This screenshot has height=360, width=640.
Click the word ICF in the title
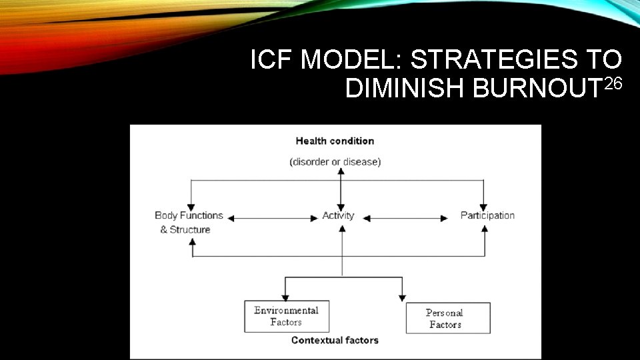click(271, 61)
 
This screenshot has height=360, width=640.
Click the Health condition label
click(335, 141)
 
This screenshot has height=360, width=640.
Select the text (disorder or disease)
click(335, 162)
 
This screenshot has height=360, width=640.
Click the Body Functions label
click(189, 215)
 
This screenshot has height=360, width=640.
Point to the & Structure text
click(185, 230)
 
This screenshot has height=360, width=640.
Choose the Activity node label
click(338, 215)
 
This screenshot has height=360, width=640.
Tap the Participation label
click(487, 215)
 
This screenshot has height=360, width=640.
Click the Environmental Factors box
click(287, 317)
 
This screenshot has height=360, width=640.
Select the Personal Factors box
click(447, 318)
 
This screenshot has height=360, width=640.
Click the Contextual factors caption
click(335, 340)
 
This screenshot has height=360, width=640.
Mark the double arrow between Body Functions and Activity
click(273, 217)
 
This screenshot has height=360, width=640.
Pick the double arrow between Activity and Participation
click(407, 217)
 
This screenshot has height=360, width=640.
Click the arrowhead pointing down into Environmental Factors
click(286, 298)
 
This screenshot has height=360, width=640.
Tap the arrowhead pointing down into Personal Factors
click(402, 298)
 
